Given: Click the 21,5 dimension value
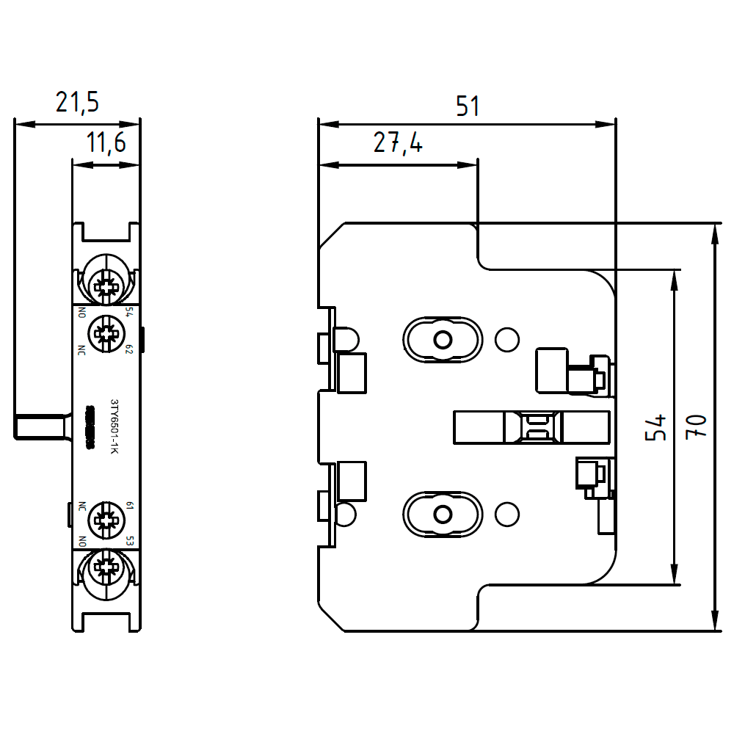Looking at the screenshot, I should pos(77,103).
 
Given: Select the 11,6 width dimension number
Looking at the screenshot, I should pos(106,143).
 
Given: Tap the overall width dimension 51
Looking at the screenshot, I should pos(467,106).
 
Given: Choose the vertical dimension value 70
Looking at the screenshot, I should pos(699,427).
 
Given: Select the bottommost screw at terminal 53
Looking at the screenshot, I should pos(106,570).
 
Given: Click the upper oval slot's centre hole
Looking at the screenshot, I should pos(443,339).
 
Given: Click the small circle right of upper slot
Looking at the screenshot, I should pos(506,339).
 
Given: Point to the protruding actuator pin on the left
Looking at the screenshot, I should pos(40,426).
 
